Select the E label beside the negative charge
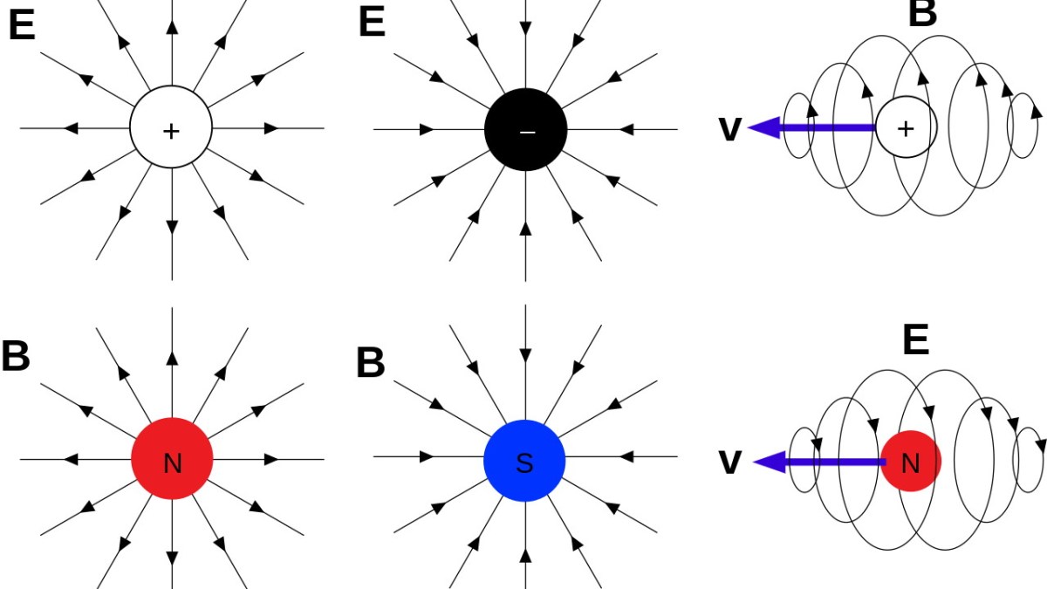[x=372, y=23]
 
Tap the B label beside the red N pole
[x=16, y=357]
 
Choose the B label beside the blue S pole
[x=371, y=363]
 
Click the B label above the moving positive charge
[x=922, y=12]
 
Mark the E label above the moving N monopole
[x=915, y=340]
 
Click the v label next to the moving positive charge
[x=729, y=129]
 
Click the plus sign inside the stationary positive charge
[x=171, y=132]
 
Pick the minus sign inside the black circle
[x=526, y=132]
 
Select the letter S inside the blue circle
[x=524, y=463]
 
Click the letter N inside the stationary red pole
[x=173, y=463]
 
